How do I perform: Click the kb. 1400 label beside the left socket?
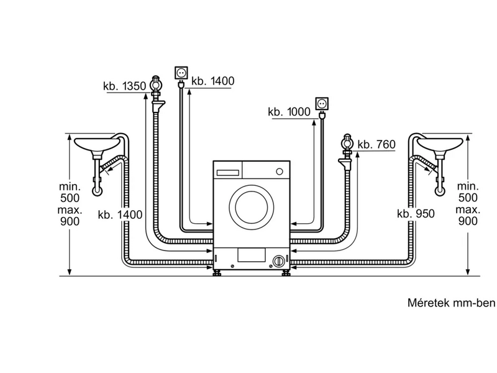(213, 81)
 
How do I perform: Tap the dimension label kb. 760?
(376, 144)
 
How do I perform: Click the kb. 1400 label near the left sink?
(120, 214)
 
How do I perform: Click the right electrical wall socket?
(322, 101)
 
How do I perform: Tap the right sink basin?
(440, 145)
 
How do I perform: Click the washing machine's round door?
(251, 203)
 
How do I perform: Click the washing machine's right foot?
(287, 272)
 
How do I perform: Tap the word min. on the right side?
(467, 186)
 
